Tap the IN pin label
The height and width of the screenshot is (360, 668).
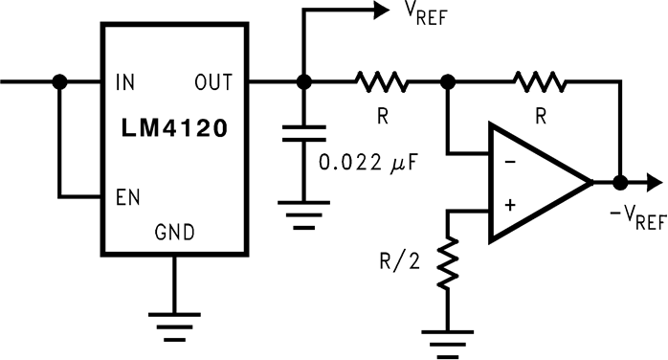124,81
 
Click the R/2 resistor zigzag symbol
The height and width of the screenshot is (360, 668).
447,262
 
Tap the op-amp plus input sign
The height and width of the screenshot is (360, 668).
509,204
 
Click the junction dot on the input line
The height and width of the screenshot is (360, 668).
60,82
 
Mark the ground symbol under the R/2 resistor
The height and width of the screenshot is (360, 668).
447,339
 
